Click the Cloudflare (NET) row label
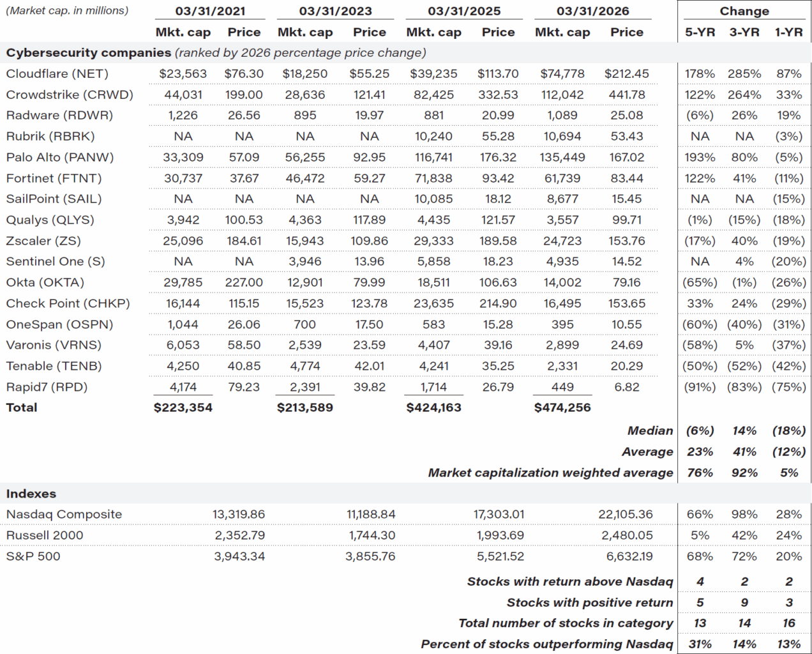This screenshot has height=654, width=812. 57,74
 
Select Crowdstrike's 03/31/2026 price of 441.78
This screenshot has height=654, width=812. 626,95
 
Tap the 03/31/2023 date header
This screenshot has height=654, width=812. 335,11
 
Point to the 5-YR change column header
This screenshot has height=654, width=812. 700,33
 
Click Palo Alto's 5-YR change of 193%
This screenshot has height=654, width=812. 700,158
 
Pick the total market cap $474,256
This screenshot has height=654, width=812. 562,407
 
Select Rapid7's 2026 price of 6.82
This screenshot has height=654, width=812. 626,387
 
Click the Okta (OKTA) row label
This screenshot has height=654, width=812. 45,283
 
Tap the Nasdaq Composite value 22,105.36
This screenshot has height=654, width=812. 625,515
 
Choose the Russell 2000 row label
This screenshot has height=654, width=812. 45,536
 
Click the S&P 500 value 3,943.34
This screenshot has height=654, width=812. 239,556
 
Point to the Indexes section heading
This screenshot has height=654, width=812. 31,494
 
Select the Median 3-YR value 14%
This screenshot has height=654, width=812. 744,431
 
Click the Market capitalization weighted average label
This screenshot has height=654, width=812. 550,473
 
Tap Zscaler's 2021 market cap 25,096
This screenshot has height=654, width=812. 183,241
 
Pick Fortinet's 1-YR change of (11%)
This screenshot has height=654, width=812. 788,179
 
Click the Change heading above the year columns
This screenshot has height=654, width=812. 744,11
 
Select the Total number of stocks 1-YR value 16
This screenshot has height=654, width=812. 788,623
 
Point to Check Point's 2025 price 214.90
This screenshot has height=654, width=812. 498,304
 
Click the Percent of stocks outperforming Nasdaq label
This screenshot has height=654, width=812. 546,644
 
